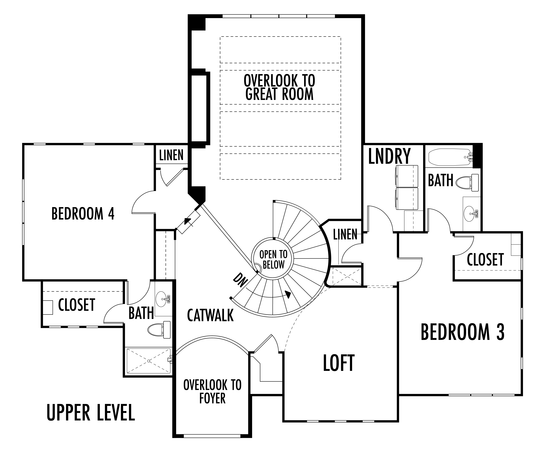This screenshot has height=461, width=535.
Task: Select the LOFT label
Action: pos(339,363)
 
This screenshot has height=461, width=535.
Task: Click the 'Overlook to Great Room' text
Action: pos(279,87)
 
